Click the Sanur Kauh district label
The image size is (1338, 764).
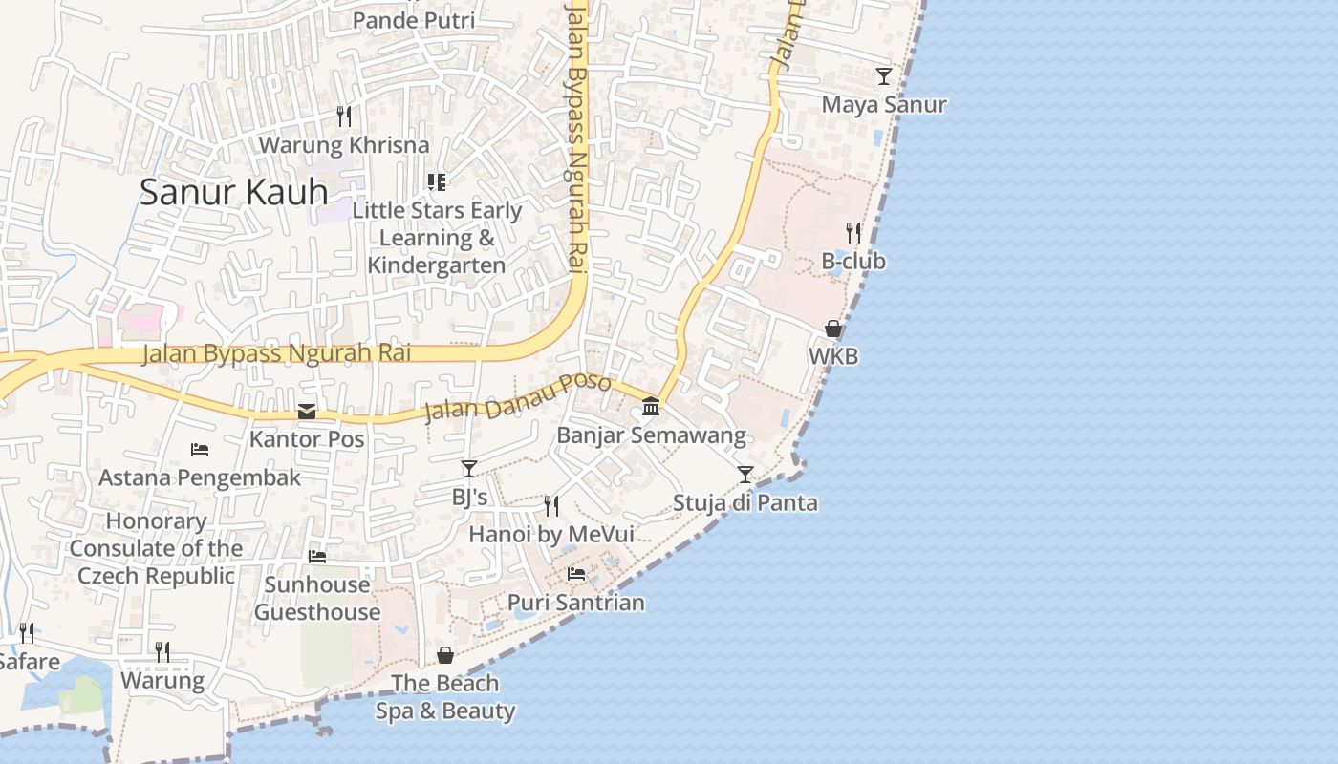click(233, 192)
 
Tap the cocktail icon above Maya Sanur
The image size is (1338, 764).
click(884, 76)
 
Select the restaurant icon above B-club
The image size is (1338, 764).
click(853, 232)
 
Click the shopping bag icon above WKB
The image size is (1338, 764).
click(833, 329)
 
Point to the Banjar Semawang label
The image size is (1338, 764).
click(651, 436)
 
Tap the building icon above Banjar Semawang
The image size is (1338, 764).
click(651, 407)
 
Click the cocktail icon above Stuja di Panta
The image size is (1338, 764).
click(745, 474)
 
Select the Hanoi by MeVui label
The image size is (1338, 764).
click(550, 534)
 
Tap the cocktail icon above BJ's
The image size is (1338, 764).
click(469, 468)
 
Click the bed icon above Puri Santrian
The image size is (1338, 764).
click(576, 574)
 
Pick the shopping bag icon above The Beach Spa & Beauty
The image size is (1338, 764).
click(445, 655)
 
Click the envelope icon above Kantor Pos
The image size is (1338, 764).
click(307, 412)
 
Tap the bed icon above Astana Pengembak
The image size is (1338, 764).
click(200, 450)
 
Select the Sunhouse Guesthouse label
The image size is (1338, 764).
click(317, 598)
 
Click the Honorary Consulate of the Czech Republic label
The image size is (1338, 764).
click(156, 548)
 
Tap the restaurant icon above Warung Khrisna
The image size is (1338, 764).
click(344, 117)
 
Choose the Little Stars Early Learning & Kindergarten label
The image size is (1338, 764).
click(437, 238)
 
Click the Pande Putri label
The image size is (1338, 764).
click(414, 20)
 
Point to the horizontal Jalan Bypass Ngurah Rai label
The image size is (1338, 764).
click(277, 353)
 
